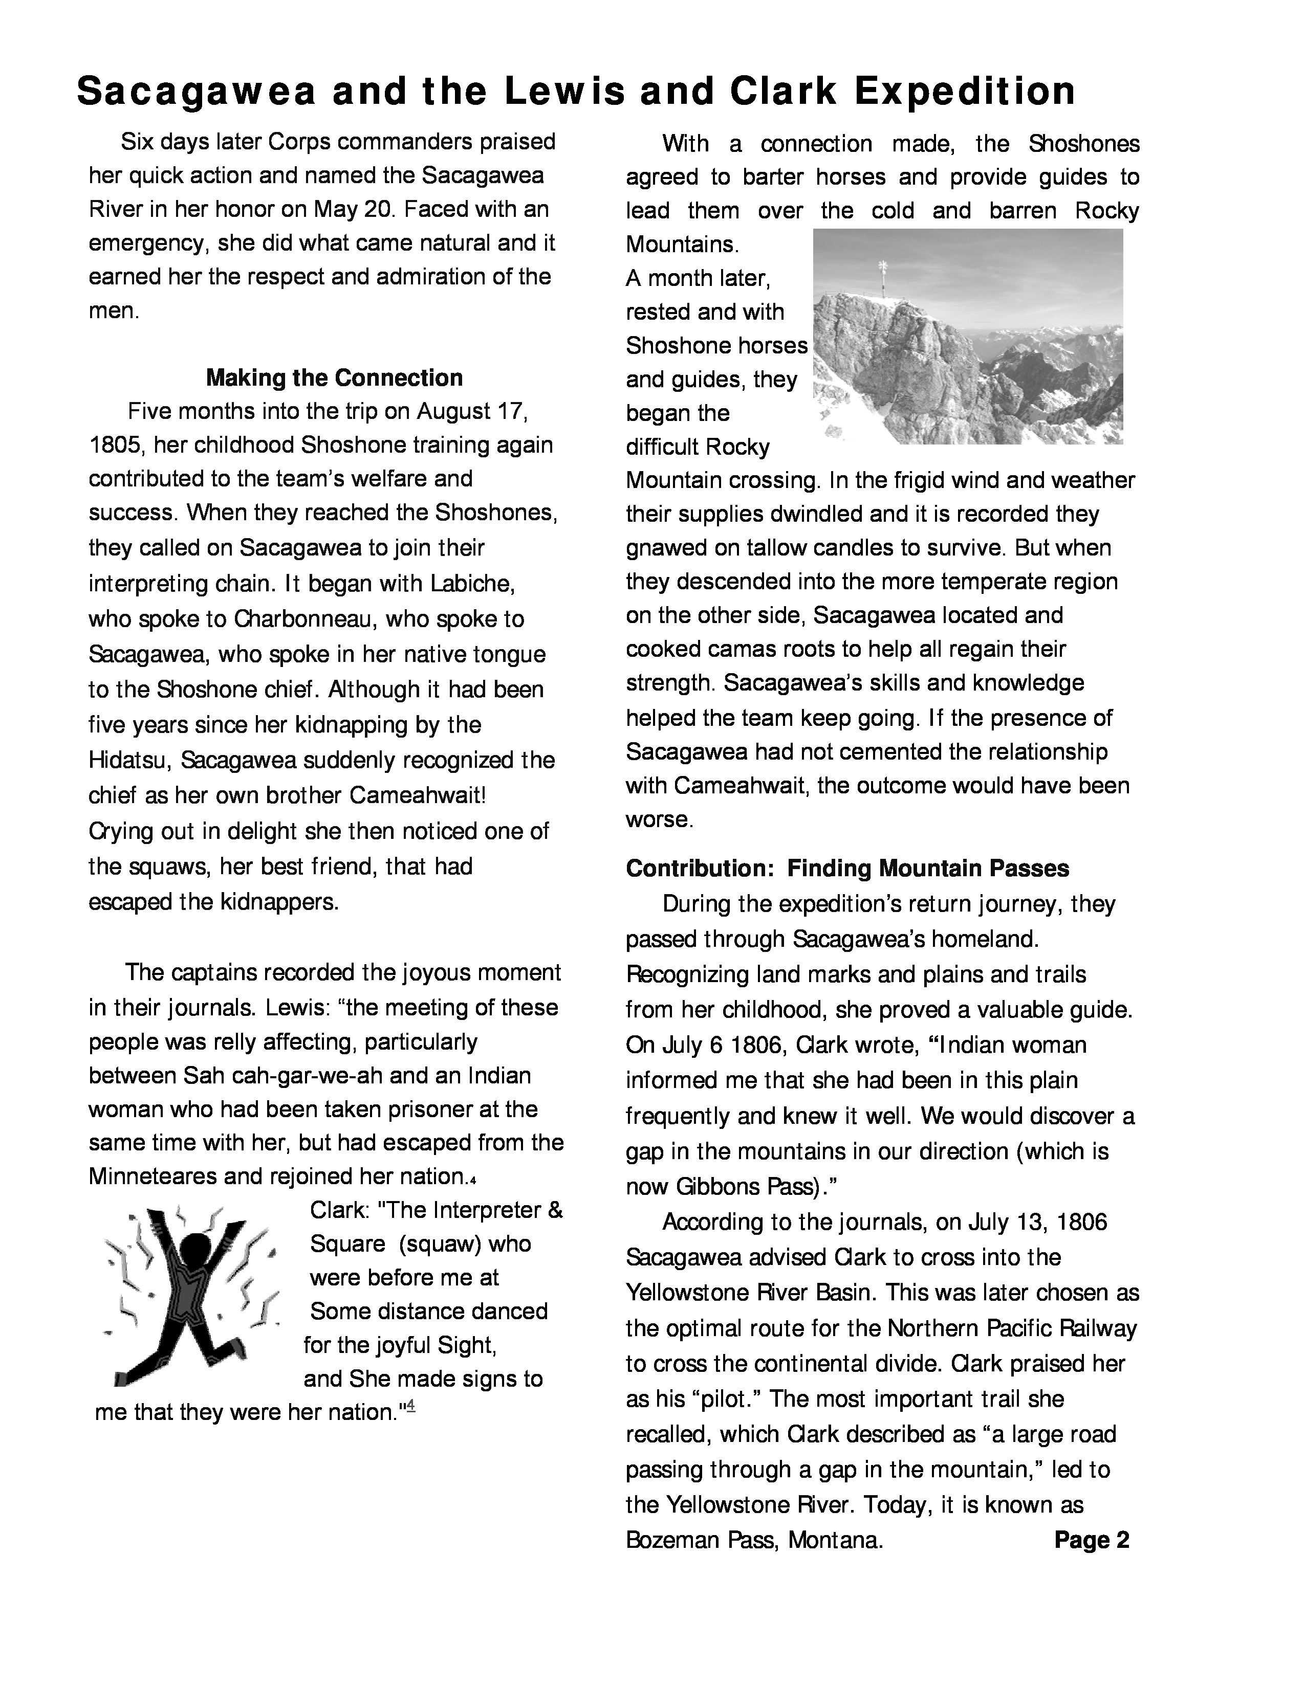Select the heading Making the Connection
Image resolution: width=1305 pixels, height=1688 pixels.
point(334,378)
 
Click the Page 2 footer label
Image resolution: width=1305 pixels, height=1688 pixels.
point(1092,1540)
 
